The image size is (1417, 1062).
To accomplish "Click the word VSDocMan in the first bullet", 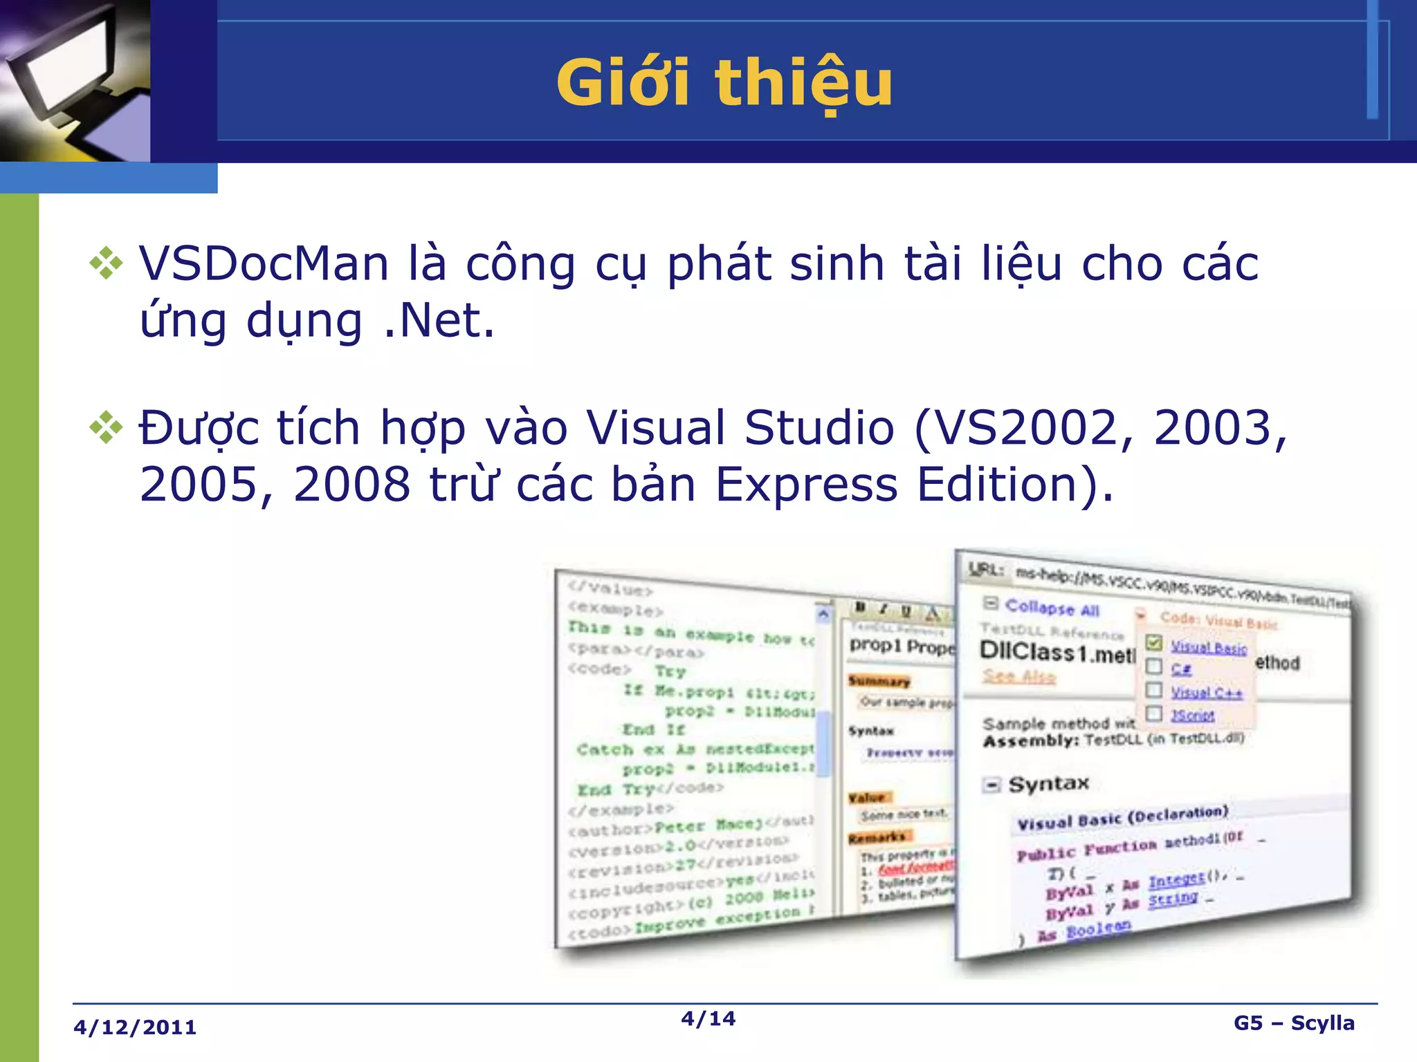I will [263, 264].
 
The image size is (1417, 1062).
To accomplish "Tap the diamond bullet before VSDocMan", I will [107, 263].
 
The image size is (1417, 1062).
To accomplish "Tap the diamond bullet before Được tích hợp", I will [107, 427].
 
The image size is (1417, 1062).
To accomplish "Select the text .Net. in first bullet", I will [439, 321].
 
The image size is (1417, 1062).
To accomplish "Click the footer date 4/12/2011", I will [135, 1027].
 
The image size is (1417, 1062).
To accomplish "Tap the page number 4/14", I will [708, 1018].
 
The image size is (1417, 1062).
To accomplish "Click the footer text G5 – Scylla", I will [1294, 1023].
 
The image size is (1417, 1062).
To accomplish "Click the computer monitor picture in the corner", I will [75, 80].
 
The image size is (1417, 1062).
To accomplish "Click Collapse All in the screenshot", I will [1052, 608].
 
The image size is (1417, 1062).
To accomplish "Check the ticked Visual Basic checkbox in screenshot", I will [1153, 643].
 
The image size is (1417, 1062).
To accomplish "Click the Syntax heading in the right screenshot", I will [1048, 784].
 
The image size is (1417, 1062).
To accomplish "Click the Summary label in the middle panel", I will [879, 681].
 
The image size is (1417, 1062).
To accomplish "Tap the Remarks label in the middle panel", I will [877, 838].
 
